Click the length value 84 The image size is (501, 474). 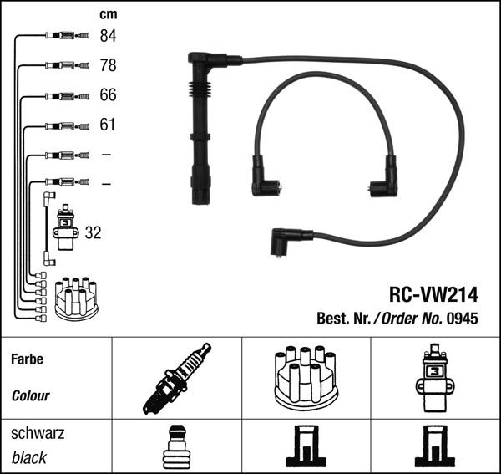click(x=109, y=36)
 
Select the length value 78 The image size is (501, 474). click(x=109, y=65)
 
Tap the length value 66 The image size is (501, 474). click(x=109, y=95)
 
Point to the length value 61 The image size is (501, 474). click(x=109, y=125)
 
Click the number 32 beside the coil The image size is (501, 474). click(x=93, y=233)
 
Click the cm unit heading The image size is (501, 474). click(x=108, y=14)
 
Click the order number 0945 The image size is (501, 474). click(x=461, y=319)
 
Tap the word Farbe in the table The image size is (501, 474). click(x=28, y=360)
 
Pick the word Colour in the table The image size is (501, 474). click(x=31, y=395)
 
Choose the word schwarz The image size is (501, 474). click(x=38, y=435)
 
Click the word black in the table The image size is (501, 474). click(x=29, y=458)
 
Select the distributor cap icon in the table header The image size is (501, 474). click(x=306, y=378)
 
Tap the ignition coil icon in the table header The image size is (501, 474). click(x=435, y=378)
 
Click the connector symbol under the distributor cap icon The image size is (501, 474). click(x=306, y=447)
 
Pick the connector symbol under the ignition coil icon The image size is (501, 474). click(x=435, y=447)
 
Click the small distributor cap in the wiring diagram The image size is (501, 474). click(x=76, y=298)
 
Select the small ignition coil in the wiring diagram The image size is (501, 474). click(x=64, y=229)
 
